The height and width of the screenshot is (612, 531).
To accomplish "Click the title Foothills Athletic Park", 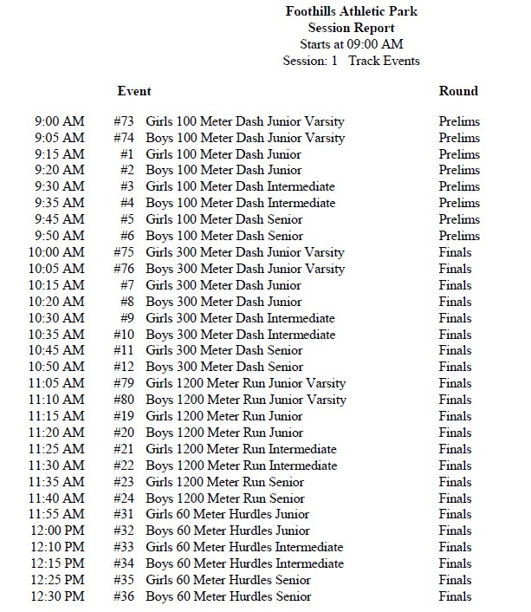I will [351, 11].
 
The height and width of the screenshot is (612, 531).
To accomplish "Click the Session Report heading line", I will [351, 28].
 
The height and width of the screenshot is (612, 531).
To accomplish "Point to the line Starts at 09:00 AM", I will [351, 44].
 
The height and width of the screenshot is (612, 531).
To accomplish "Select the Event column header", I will [134, 91].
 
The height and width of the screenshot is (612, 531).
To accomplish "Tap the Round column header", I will [458, 91].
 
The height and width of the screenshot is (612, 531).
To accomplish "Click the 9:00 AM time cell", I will [60, 121].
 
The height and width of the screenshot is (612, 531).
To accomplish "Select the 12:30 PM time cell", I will [57, 596].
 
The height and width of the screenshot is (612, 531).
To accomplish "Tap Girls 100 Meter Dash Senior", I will [224, 219].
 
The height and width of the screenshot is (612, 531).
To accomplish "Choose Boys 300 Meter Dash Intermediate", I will [240, 335].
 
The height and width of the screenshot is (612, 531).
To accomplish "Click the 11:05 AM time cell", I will [57, 383].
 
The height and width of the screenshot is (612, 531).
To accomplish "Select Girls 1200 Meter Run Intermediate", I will [241, 449].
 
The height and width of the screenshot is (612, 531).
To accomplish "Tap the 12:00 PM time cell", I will [57, 531].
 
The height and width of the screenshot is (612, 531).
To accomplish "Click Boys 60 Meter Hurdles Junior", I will [227, 531].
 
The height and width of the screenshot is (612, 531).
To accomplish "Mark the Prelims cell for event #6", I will [459, 236].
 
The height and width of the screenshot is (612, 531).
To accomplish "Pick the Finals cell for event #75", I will [456, 252].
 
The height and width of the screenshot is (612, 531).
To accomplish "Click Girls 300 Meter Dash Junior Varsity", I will [245, 252].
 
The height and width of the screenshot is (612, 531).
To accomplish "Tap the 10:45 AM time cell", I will [57, 351].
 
